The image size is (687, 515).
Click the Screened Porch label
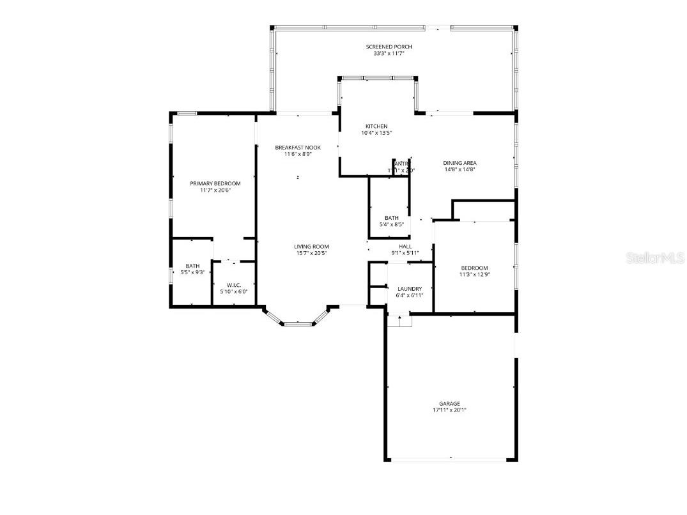click(389, 47)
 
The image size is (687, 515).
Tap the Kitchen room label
click(376, 126)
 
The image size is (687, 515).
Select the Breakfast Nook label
click(298, 148)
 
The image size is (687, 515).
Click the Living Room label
click(311, 247)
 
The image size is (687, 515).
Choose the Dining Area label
click(459, 163)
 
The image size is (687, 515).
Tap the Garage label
click(449, 404)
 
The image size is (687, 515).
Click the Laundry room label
click(409, 289)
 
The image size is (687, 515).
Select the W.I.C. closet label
click(233, 285)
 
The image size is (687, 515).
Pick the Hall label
click(405, 246)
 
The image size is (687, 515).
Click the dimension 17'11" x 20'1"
click(449, 411)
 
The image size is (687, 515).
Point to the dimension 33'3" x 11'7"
click(389, 54)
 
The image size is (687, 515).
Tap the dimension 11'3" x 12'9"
click(474, 275)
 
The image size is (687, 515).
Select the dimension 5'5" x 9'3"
click(192, 273)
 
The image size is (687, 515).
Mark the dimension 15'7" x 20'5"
click(311, 253)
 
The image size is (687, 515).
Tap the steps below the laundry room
click(400, 321)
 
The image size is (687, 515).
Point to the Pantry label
click(401, 164)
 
